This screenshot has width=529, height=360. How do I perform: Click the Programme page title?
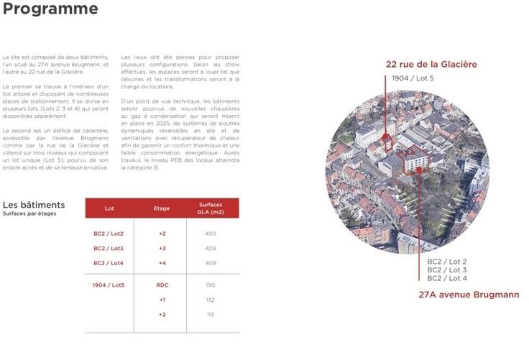[x=50, y=9]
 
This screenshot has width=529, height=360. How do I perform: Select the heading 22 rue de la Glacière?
[x=431, y=65]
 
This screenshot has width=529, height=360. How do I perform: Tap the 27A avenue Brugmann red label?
[x=469, y=295]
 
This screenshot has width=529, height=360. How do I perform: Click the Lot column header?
[x=109, y=208]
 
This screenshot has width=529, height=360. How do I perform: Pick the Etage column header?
[x=162, y=208]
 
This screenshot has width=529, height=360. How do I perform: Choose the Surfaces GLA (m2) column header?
[x=211, y=208]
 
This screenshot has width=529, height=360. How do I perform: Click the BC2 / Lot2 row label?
[x=109, y=234]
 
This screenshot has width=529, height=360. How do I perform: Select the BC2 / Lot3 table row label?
[x=109, y=248]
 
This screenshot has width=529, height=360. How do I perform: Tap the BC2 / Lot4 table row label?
[x=109, y=263]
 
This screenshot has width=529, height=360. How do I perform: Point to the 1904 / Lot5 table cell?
[x=109, y=285]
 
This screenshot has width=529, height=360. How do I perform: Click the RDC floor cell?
[x=162, y=285]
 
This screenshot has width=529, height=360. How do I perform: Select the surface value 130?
[x=211, y=285]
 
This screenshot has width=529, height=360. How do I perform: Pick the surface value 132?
[x=211, y=300]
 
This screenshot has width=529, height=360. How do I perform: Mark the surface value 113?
[x=211, y=315]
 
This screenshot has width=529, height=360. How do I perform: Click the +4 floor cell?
[x=162, y=263]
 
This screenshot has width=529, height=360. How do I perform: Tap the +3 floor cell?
[x=162, y=248]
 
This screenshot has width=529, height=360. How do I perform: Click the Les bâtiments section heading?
[x=34, y=205]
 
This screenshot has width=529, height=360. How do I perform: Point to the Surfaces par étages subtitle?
[x=29, y=213]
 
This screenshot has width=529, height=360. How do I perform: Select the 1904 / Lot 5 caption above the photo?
[x=413, y=78]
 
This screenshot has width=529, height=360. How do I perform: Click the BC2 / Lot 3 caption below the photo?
[x=447, y=270]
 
